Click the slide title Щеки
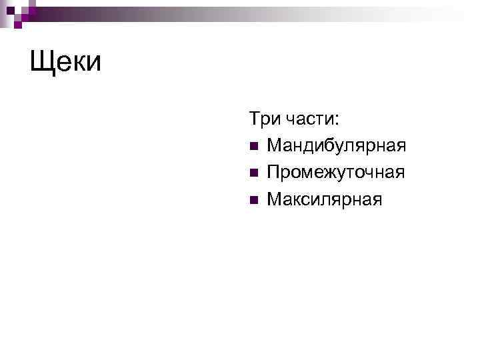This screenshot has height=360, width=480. pos(65,63)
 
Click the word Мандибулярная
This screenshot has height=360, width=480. pos(336,146)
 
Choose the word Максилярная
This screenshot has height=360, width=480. pos(325,199)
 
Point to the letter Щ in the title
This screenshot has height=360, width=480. pos(42,63)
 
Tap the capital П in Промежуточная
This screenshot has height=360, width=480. pos(273,172)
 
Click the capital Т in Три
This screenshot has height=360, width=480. pos(255,119)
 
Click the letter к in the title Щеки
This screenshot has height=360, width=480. pos(79,64)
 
